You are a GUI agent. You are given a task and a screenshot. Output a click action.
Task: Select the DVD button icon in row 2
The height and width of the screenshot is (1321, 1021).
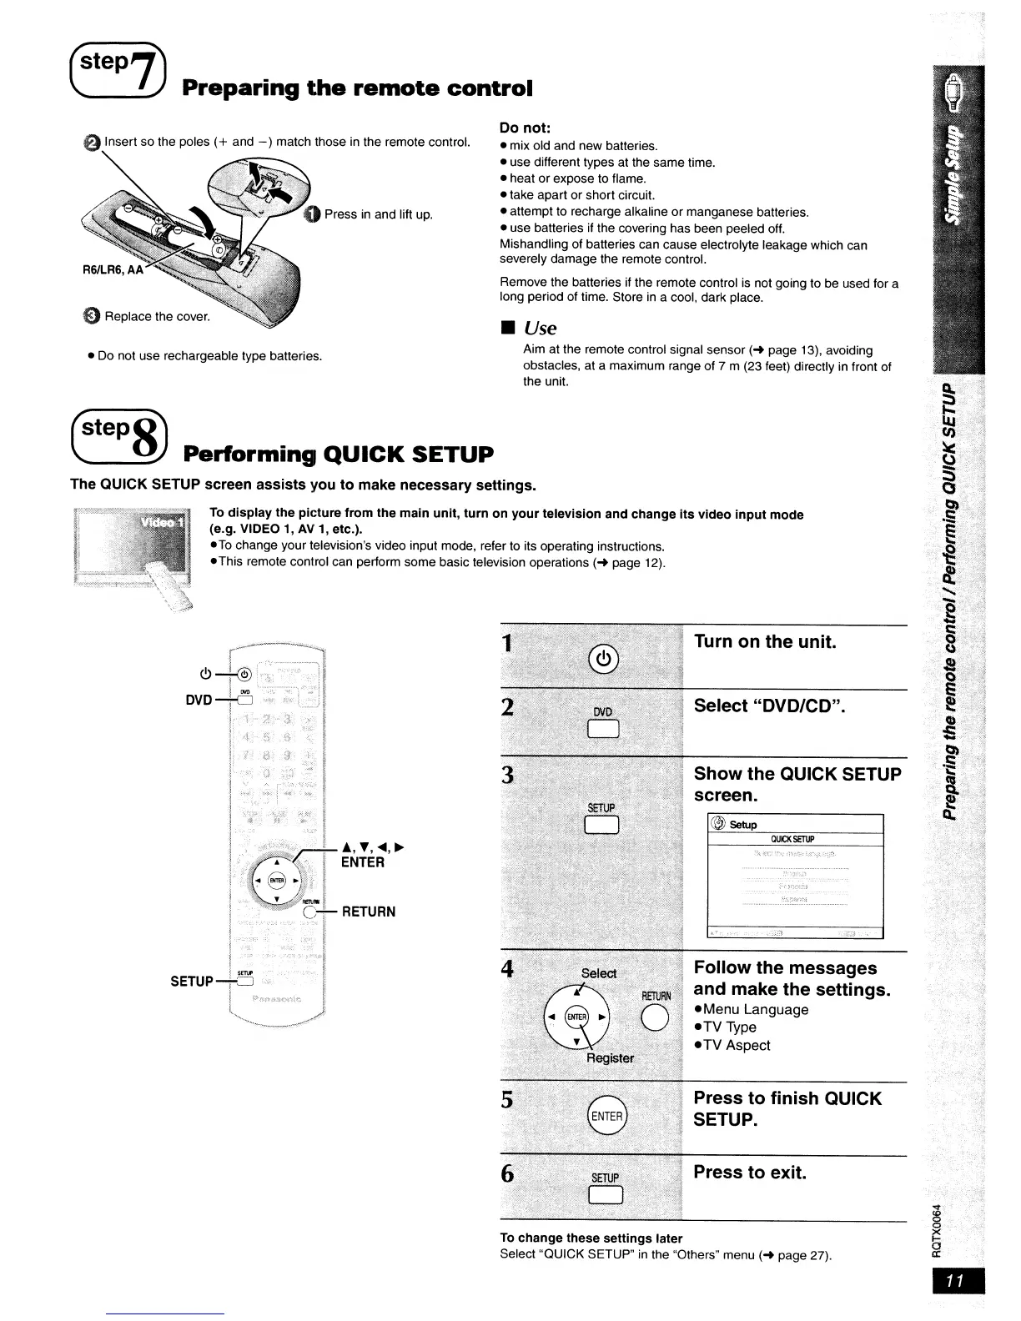click(602, 730)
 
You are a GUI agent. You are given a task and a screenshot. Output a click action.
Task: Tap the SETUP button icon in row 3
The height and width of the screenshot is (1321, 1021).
click(601, 825)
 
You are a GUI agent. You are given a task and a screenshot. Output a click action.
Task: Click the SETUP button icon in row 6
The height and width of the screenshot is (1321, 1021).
click(605, 1195)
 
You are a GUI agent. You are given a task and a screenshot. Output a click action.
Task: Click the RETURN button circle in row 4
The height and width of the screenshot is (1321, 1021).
click(655, 1019)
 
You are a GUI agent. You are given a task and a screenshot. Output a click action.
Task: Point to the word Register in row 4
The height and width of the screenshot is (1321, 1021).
click(610, 1057)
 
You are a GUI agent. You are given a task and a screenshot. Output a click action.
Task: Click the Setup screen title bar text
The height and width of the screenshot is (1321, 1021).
click(742, 825)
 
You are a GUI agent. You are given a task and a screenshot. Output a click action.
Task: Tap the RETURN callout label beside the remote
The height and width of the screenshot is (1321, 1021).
click(369, 912)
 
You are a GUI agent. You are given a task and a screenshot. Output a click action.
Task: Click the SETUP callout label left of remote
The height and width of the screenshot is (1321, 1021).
click(192, 981)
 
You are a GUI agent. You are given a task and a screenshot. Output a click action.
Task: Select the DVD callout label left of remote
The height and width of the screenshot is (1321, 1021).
click(199, 700)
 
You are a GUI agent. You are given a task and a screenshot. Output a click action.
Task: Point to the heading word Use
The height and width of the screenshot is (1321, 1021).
click(541, 328)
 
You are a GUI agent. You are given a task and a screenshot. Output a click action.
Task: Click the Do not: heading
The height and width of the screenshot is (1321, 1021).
click(525, 128)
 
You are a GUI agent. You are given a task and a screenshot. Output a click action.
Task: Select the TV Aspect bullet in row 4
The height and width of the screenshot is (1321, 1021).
click(737, 1045)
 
